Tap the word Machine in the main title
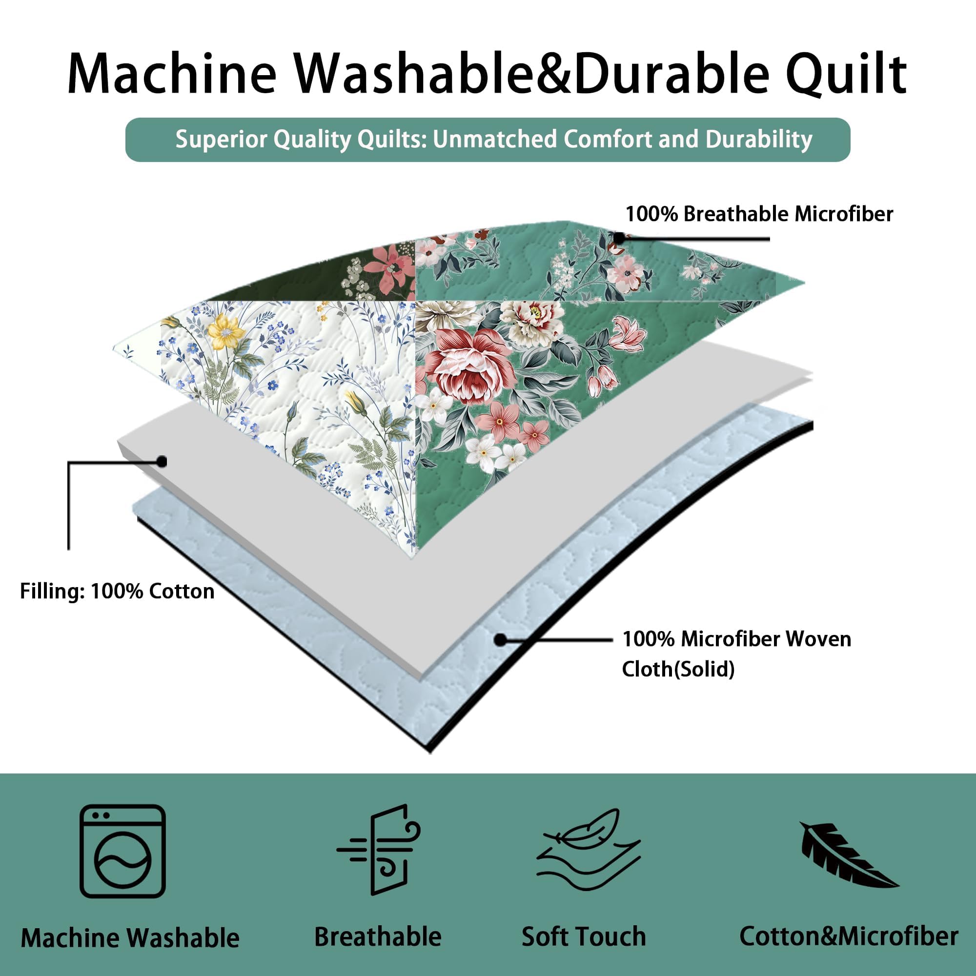pos(172,75)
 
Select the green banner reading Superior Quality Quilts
pos(488,140)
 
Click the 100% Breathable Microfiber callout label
pos(759,214)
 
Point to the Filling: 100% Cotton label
pos(117,591)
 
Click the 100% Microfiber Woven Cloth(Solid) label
pos(736,654)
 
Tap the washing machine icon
pos(123,851)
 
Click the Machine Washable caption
pos(130,937)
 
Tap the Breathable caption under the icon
pos(378,936)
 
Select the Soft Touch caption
pos(584,936)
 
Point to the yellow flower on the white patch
pos(226,331)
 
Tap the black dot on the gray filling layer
pos(162,461)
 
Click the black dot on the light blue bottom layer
pos(500,640)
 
